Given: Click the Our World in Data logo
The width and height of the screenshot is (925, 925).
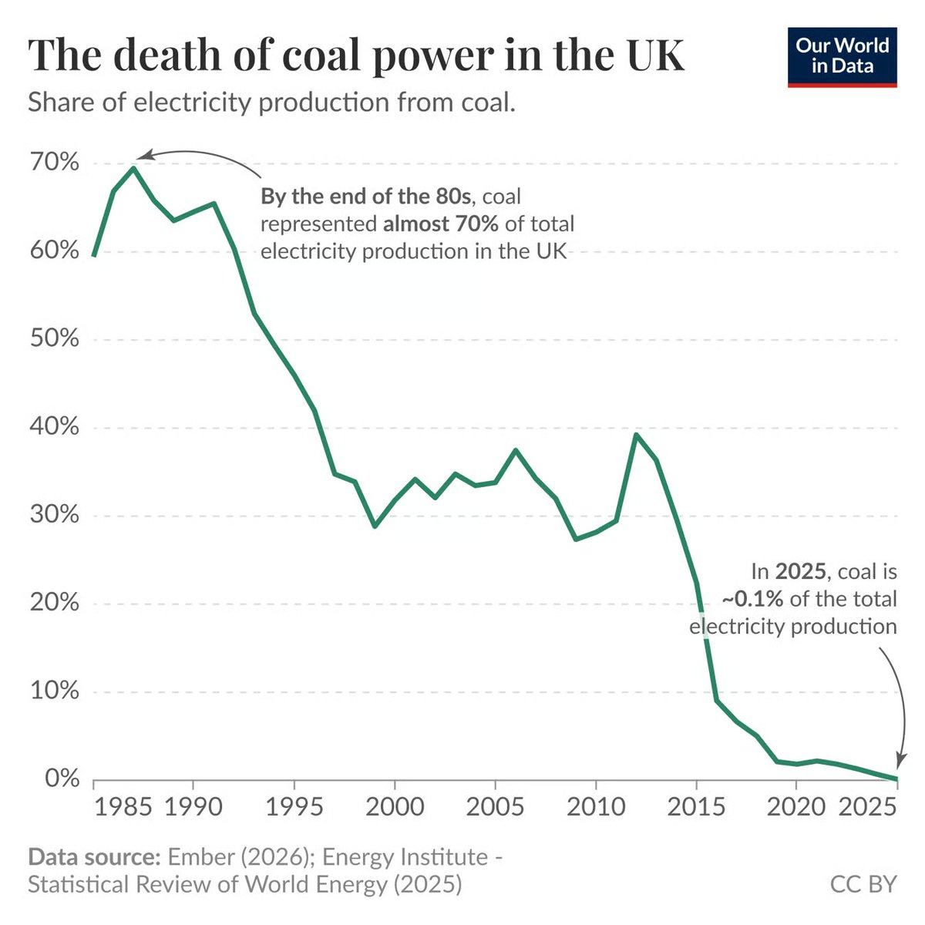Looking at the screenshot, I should pyautogui.click(x=842, y=57).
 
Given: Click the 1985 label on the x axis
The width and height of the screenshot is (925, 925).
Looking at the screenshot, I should pyautogui.click(x=123, y=807).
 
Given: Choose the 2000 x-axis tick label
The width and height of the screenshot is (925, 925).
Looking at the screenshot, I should pyautogui.click(x=394, y=807).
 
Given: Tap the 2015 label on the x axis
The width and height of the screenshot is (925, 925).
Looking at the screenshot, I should pyautogui.click(x=696, y=807).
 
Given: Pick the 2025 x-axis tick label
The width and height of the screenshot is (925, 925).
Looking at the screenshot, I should pyautogui.click(x=867, y=807).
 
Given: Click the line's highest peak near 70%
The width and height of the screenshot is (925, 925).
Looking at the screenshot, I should pyautogui.click(x=133, y=168).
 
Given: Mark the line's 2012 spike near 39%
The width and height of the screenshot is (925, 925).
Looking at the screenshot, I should pyautogui.click(x=636, y=435).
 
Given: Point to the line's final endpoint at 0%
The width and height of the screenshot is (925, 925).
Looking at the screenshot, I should pyautogui.click(x=896, y=779).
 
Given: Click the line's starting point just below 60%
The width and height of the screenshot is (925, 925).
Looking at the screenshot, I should pyautogui.click(x=93, y=255).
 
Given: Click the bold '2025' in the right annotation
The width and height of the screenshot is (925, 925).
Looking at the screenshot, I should pyautogui.click(x=801, y=571).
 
